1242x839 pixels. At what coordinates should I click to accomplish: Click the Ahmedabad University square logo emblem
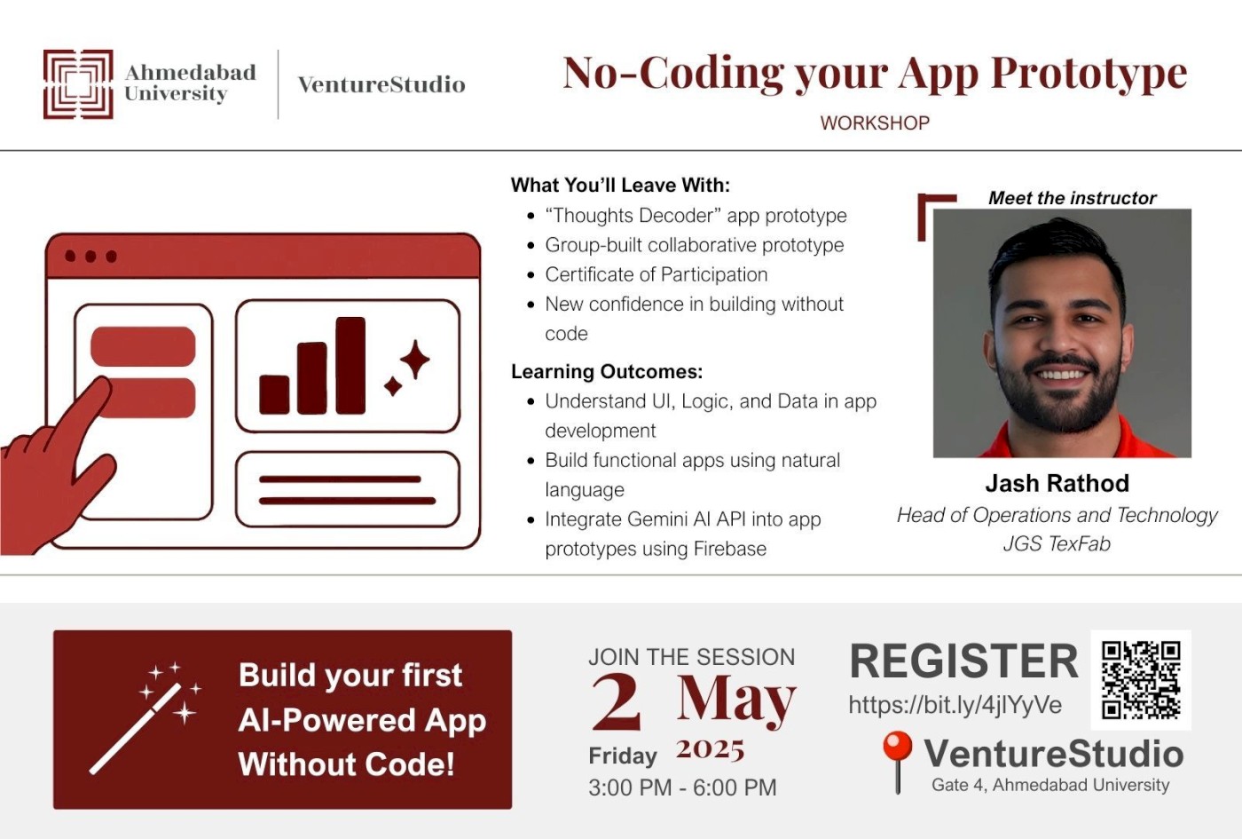[x=78, y=84]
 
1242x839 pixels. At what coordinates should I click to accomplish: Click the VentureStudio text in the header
[x=381, y=84]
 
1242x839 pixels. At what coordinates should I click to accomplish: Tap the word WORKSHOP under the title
[x=875, y=123]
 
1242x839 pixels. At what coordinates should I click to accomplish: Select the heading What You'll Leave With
[x=620, y=186]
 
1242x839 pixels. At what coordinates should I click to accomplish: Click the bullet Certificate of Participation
[x=656, y=274]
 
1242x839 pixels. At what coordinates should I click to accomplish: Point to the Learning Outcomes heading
[x=607, y=371]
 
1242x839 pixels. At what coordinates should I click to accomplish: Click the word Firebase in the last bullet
[x=729, y=549]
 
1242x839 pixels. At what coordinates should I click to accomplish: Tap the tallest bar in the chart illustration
[x=350, y=365]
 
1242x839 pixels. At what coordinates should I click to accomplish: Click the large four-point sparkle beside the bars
[x=414, y=360]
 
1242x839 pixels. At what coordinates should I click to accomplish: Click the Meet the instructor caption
[x=1072, y=198]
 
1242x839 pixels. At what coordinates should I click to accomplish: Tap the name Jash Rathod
[x=1057, y=484]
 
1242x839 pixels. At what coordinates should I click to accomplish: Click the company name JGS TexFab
[x=1057, y=543]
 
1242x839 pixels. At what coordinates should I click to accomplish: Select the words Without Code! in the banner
[x=346, y=764]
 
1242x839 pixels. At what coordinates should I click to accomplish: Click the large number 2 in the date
[x=617, y=701]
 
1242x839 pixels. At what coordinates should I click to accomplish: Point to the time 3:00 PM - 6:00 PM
[x=682, y=788]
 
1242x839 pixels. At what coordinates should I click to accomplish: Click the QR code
[x=1140, y=679]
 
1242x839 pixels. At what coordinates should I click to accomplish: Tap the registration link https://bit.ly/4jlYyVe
[x=955, y=705]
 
